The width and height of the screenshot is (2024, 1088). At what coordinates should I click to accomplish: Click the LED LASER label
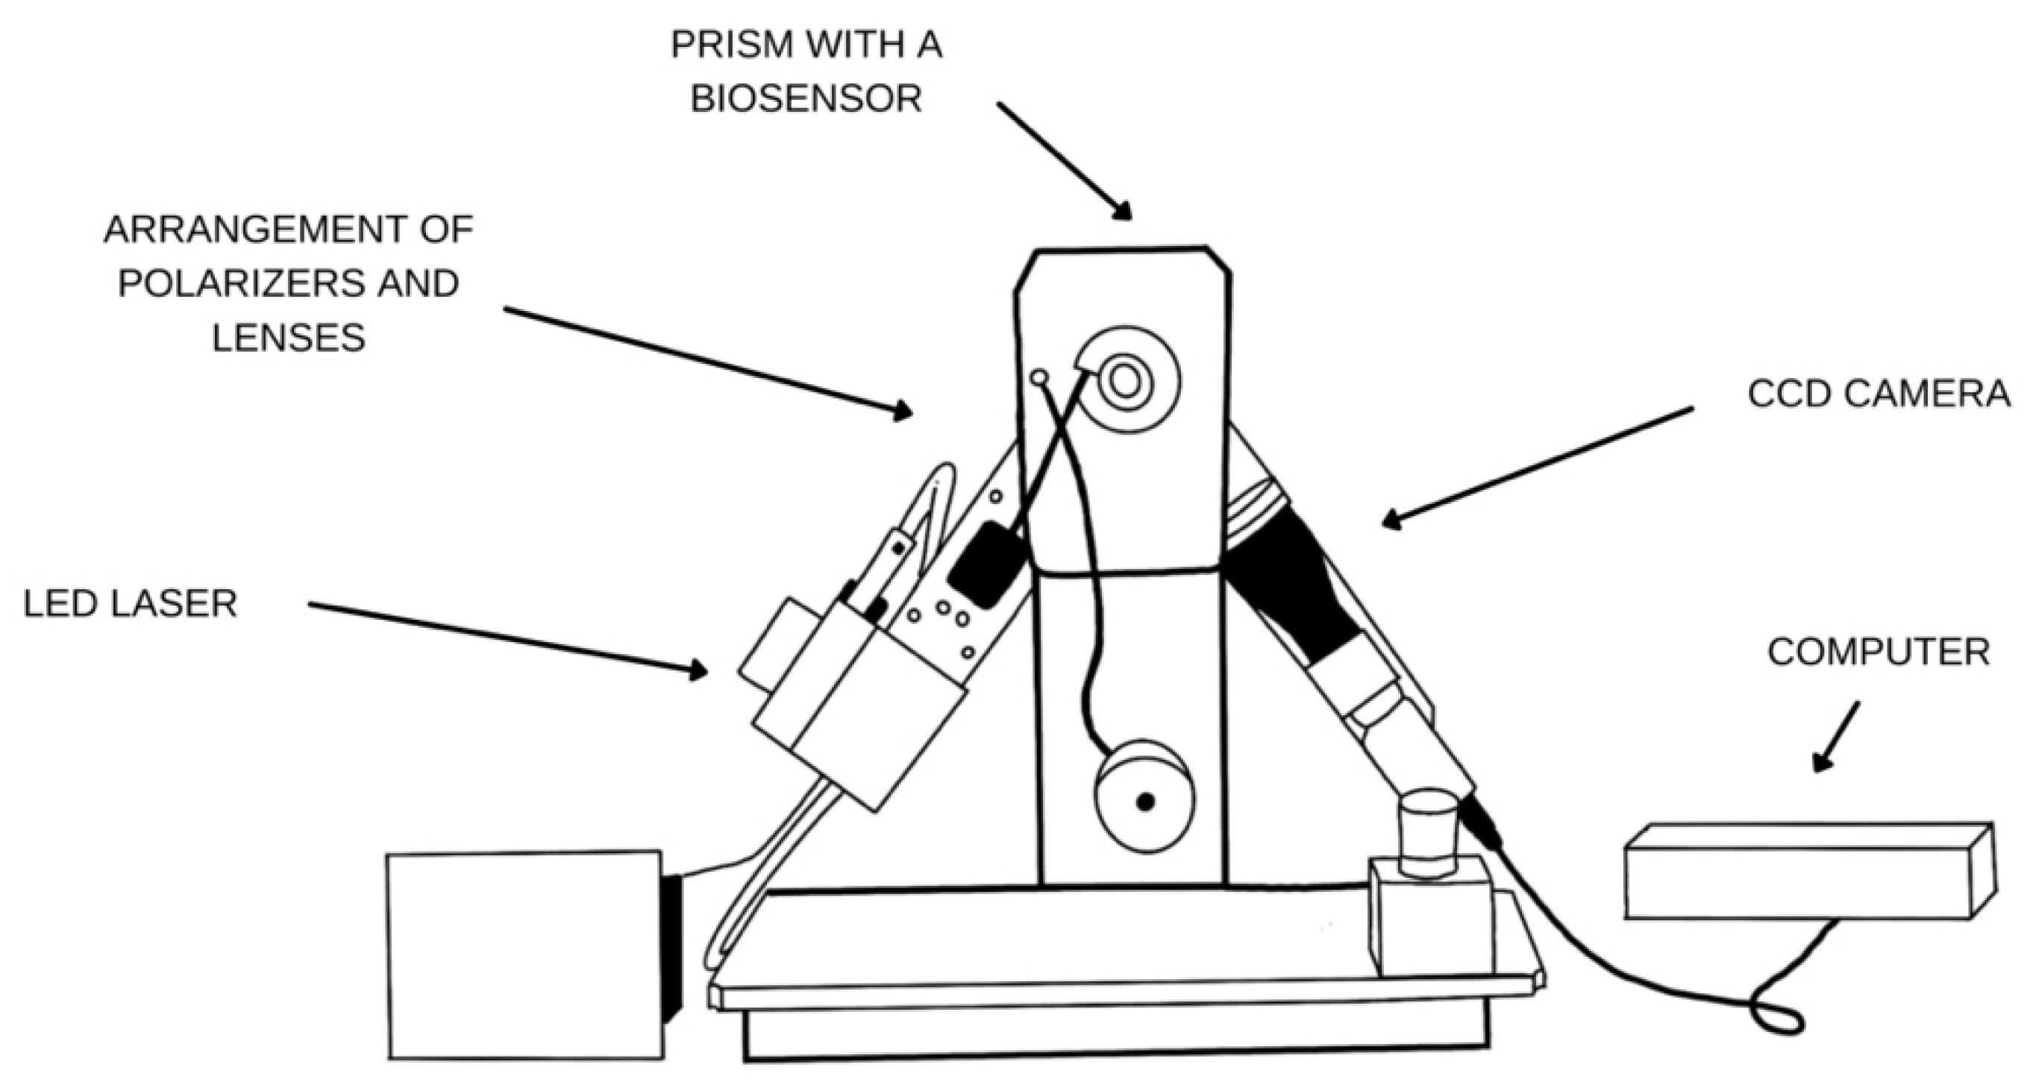pyautogui.click(x=130, y=604)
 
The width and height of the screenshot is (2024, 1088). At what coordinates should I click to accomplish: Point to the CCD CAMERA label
pyautogui.click(x=1878, y=394)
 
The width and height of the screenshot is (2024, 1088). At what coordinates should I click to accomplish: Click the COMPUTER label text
pyautogui.click(x=1879, y=651)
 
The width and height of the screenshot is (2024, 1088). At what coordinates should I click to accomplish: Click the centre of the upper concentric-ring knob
pyautogui.click(x=1125, y=383)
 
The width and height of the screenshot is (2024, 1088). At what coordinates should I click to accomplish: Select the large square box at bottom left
pyautogui.click(x=525, y=955)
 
